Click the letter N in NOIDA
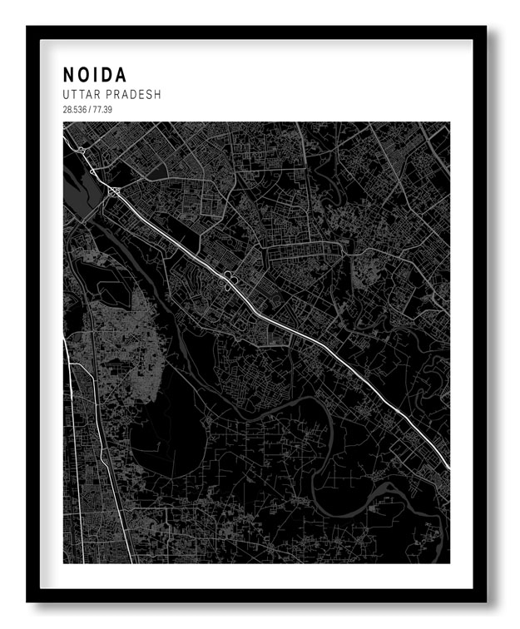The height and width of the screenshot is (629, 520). point(69,76)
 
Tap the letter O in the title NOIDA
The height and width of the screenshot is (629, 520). point(86,76)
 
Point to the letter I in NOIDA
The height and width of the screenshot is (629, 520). point(98,76)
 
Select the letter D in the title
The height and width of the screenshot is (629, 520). point(109,76)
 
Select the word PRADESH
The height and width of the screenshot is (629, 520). point(136,95)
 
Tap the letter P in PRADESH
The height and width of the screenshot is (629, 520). point(113,95)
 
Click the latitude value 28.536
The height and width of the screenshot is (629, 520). point(74,110)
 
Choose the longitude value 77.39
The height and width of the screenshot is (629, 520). point(101,110)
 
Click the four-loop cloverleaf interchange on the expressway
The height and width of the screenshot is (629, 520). point(228,280)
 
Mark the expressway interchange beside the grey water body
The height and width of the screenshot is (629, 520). point(113,193)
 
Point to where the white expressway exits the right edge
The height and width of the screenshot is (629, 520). point(448,466)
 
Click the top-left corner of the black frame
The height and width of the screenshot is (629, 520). point(27,27)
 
